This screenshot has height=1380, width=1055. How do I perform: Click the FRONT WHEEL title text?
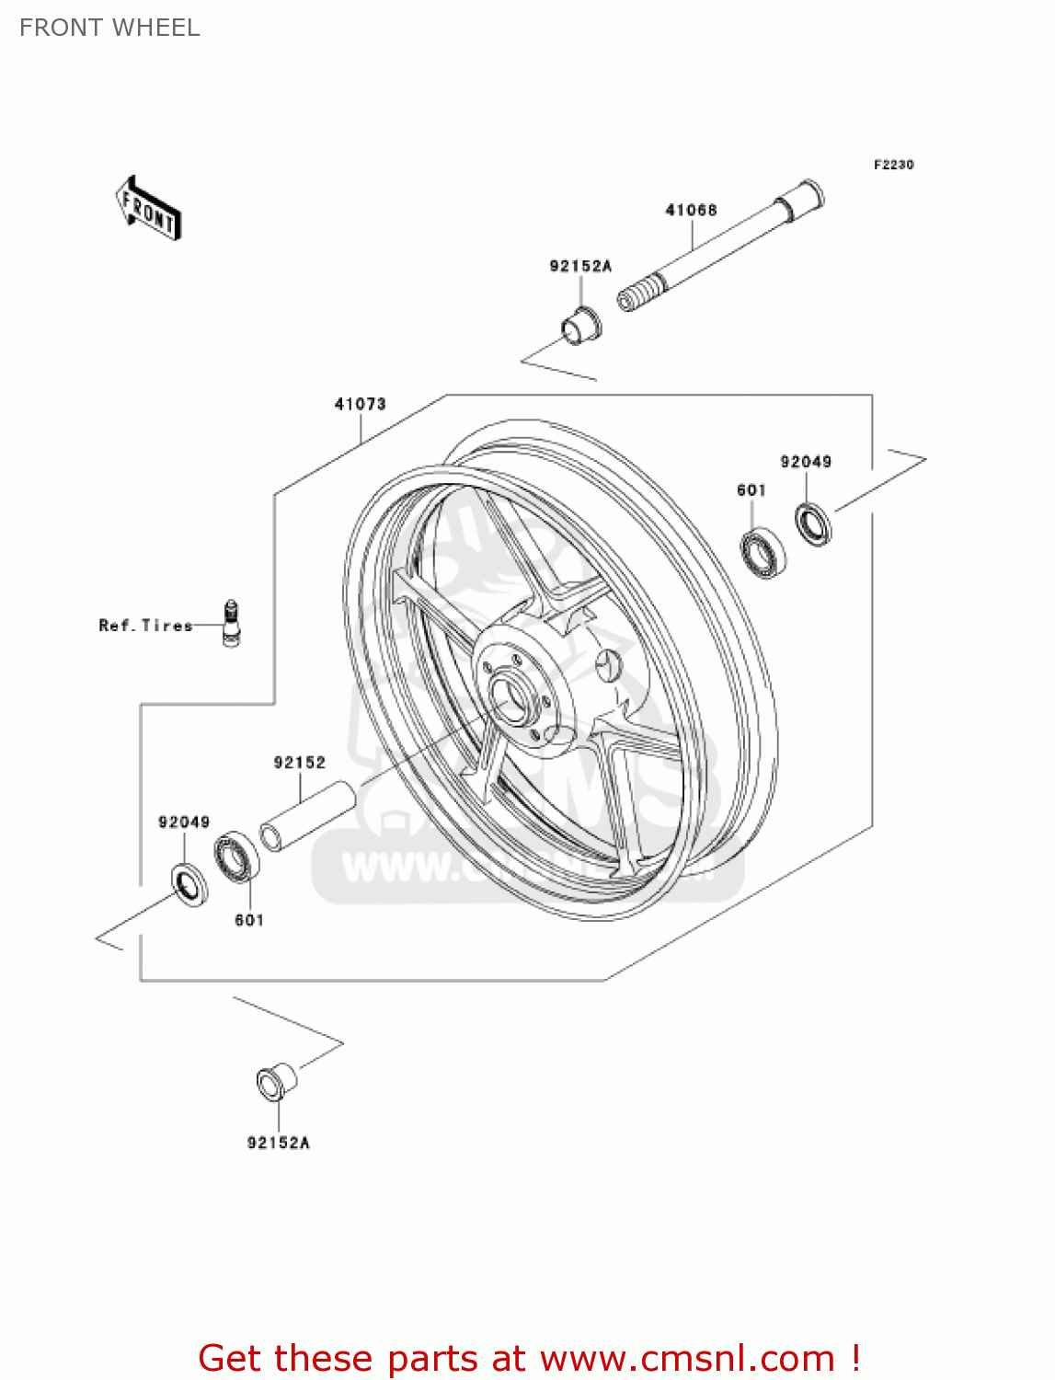click(x=109, y=28)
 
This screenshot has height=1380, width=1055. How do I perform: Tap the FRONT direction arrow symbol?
click(x=147, y=209)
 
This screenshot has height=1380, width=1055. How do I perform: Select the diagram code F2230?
click(x=893, y=165)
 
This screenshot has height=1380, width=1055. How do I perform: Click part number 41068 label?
click(x=691, y=210)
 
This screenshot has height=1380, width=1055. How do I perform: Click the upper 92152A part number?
click(x=580, y=266)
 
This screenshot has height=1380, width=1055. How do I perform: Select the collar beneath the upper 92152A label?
click(x=580, y=326)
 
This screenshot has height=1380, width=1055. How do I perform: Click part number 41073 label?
click(x=360, y=404)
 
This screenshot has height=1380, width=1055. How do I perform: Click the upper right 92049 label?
click(x=806, y=462)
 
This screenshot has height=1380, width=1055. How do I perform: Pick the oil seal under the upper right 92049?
click(x=813, y=524)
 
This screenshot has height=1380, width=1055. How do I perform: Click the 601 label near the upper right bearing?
click(x=751, y=490)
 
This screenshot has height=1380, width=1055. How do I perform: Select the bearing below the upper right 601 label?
click(x=763, y=554)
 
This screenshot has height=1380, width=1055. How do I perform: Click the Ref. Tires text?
click(x=145, y=626)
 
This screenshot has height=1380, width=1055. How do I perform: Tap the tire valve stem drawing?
click(x=230, y=623)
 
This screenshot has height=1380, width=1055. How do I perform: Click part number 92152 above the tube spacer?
click(x=299, y=763)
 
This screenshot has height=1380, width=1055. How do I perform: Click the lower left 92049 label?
click(x=184, y=822)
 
